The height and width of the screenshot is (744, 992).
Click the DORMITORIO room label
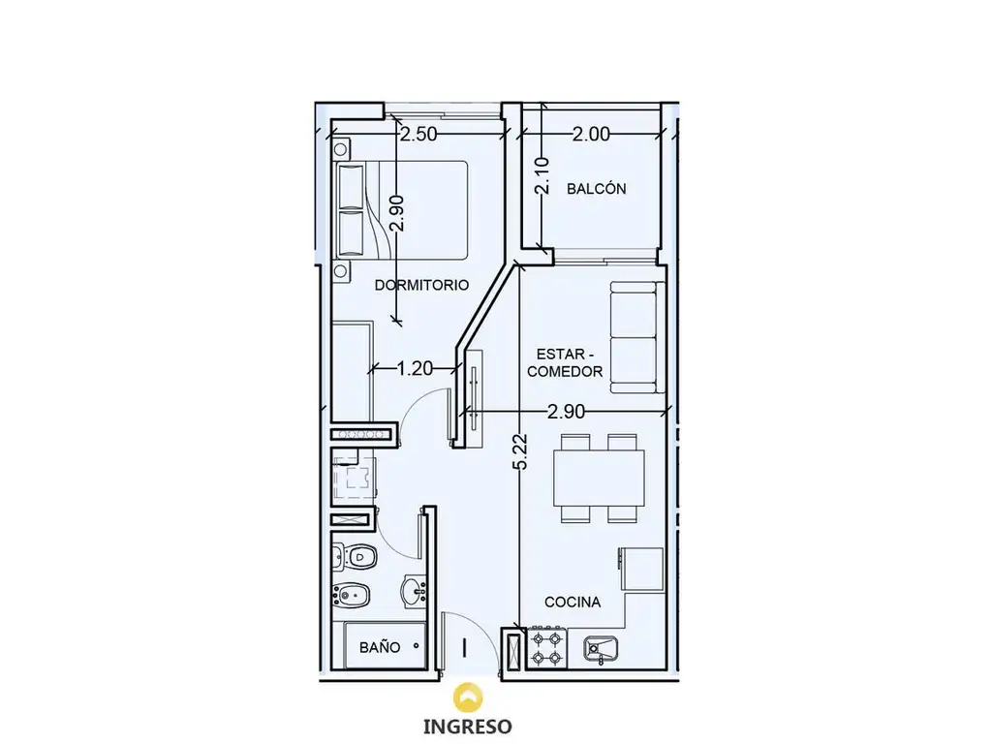[x=421, y=285]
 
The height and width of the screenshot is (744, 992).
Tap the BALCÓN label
[x=596, y=188]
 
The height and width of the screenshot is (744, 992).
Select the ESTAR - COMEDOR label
[x=565, y=362]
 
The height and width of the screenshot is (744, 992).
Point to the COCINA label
[x=573, y=602]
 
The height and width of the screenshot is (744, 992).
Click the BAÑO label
[x=380, y=647]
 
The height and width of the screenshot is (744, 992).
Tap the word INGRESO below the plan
[x=468, y=727]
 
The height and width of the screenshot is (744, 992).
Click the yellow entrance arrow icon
[x=468, y=697]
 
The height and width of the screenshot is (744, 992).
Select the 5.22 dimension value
[x=520, y=451]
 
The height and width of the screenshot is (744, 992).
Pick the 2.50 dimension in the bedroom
[x=418, y=134]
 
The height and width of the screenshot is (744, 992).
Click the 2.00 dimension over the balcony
[x=592, y=134]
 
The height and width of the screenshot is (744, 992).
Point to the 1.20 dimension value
[x=415, y=368]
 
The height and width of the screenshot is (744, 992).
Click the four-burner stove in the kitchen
[x=546, y=648]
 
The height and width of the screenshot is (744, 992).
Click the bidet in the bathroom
[x=352, y=594]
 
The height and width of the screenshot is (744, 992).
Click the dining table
[x=599, y=478]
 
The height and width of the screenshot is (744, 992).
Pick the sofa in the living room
[x=634, y=337]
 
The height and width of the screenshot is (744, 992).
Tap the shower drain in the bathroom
[x=416, y=646]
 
